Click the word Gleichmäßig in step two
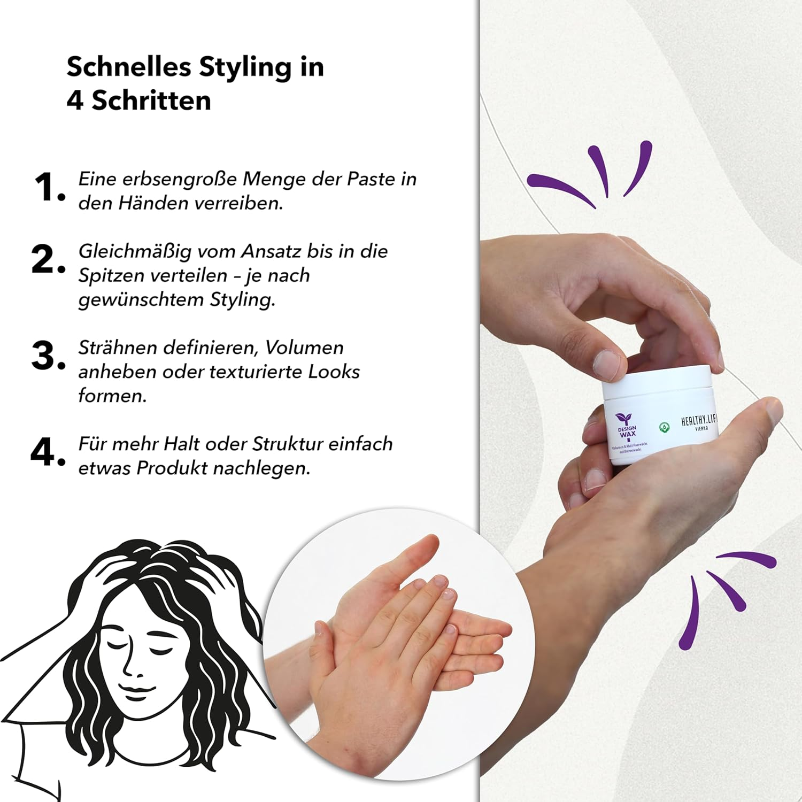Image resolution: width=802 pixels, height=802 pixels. click(135, 251)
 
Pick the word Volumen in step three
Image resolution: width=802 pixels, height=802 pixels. click(304, 348)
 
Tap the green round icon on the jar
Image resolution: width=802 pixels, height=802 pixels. click(664, 427)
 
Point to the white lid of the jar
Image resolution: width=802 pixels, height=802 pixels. click(658, 382)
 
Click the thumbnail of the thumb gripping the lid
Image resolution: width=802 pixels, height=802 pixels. click(608, 365)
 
